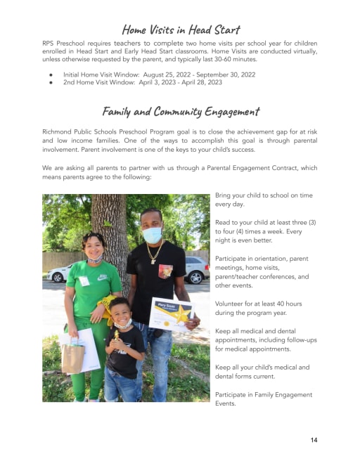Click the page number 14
coord(314,440)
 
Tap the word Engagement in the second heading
coord(228,111)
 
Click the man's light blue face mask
coord(153,235)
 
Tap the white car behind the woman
coord(56,274)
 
